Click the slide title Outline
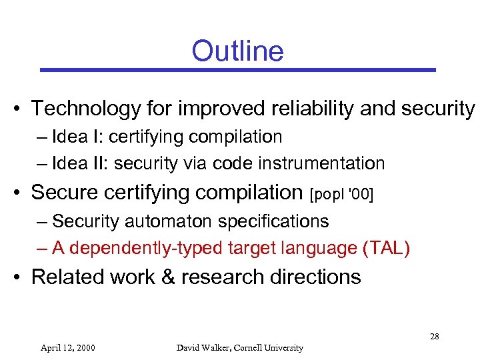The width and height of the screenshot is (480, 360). (237, 51)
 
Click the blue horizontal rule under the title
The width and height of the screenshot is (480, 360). (237, 69)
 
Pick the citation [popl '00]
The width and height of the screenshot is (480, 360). (342, 193)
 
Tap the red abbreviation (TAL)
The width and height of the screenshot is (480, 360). (387, 248)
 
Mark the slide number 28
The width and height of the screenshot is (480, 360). (434, 336)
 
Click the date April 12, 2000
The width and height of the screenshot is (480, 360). (67, 347)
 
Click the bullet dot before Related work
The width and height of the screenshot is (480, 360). (21, 277)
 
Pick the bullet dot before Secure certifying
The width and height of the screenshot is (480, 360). (21, 193)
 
